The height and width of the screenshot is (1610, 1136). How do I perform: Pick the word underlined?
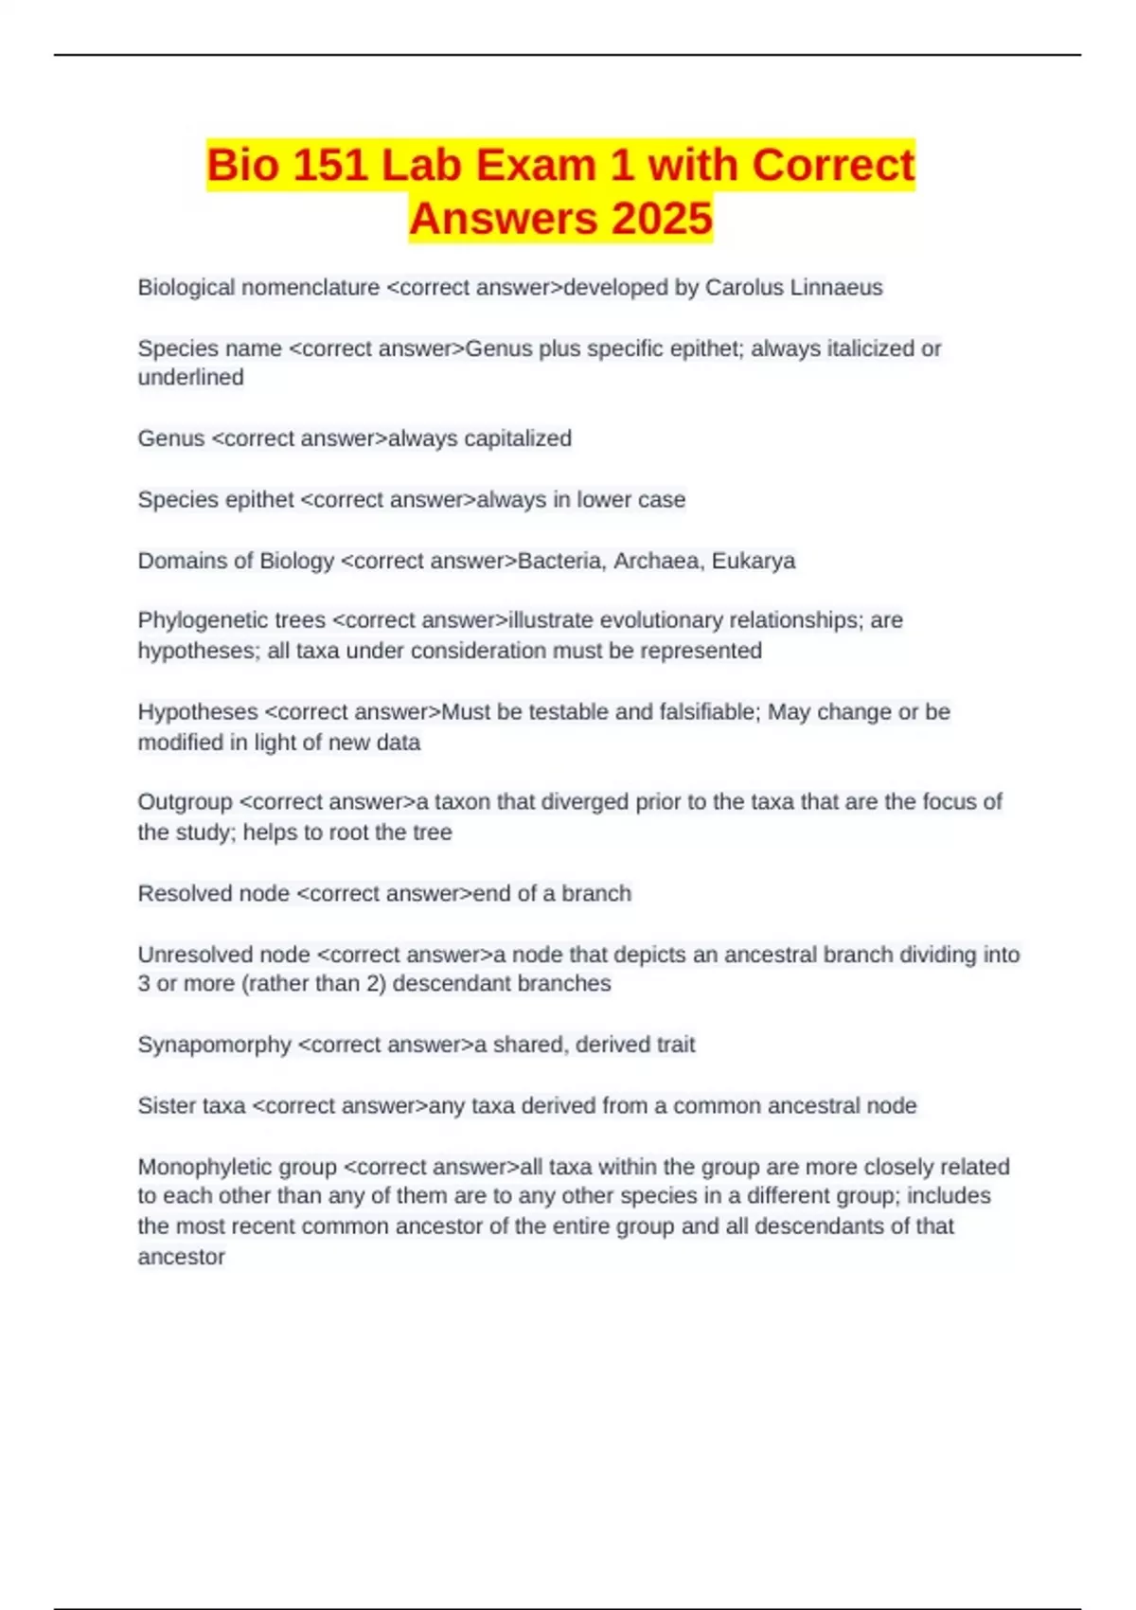(x=190, y=377)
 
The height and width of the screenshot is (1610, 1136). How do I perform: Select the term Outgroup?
(x=185, y=801)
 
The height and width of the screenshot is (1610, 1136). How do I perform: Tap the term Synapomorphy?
(x=214, y=1044)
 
